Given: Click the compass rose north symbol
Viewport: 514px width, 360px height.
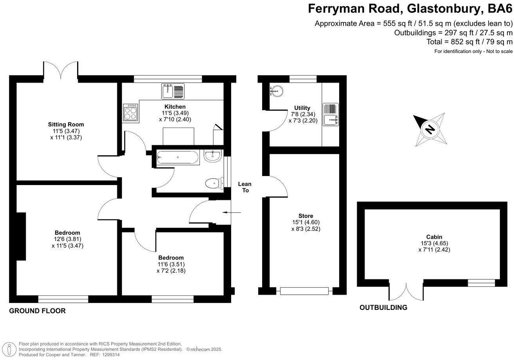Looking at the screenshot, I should coord(430,129).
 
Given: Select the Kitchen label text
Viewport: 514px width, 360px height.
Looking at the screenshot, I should coord(175,106).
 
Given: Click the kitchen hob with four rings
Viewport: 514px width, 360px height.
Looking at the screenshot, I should coord(130,112).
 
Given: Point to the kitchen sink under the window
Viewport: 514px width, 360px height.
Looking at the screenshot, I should coord(173,91).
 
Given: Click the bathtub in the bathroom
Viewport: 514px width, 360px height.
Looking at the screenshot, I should coord(178,157).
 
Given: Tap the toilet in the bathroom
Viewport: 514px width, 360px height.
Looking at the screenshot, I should coord(214,183).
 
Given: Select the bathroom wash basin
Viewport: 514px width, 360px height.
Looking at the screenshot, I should coord(212,156).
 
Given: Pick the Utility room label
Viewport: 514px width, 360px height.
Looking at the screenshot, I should coord(302,108).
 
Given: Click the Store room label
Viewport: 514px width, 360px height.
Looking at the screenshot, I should coord(306,216).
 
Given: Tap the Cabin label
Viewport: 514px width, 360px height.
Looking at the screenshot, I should coord(434,237).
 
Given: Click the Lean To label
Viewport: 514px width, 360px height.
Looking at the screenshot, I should coord(245,187).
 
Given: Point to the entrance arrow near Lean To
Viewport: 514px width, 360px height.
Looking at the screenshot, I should coord(232,212).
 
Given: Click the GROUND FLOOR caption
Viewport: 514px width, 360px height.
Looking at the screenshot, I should coord(37,311).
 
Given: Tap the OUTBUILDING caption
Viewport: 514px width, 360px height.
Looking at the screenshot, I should coord(383,308).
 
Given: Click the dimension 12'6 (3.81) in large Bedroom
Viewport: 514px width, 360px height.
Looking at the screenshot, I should coord(67,239).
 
